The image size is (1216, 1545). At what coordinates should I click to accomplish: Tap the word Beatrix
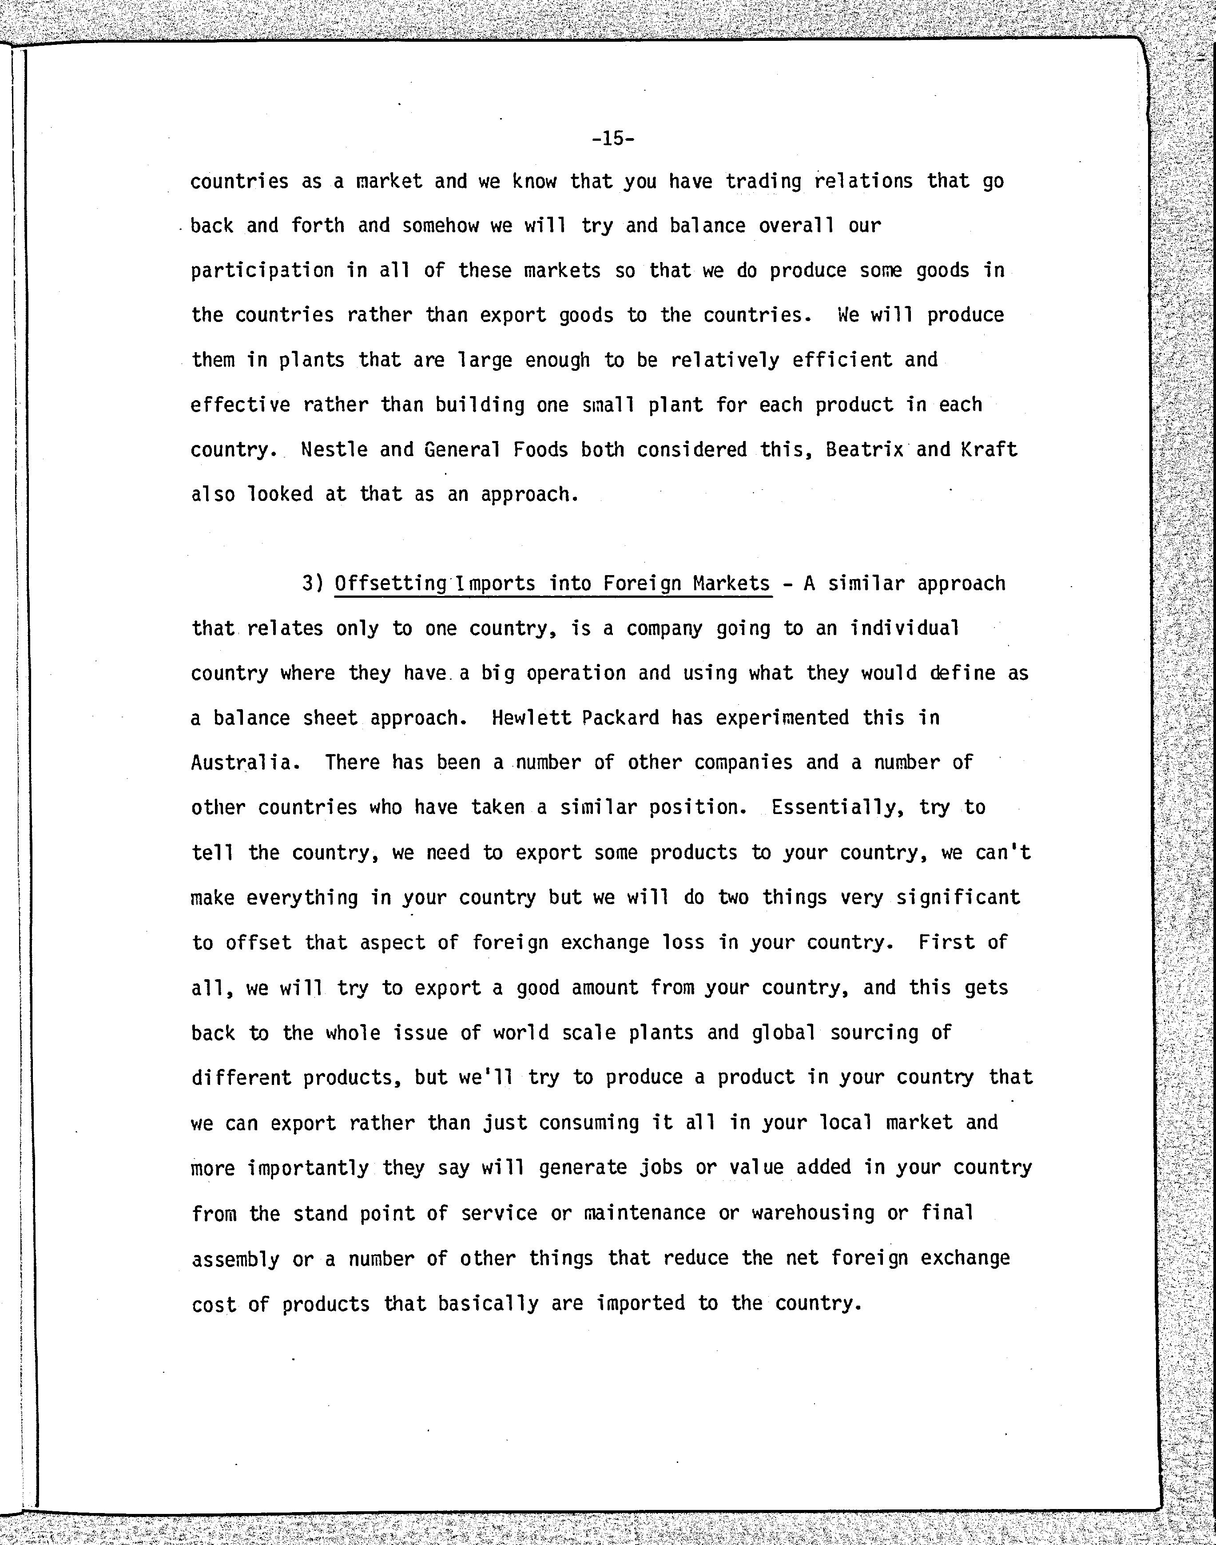(x=863, y=450)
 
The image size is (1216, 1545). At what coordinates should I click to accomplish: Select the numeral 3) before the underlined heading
(x=313, y=584)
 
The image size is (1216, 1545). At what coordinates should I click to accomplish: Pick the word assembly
(x=235, y=1259)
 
